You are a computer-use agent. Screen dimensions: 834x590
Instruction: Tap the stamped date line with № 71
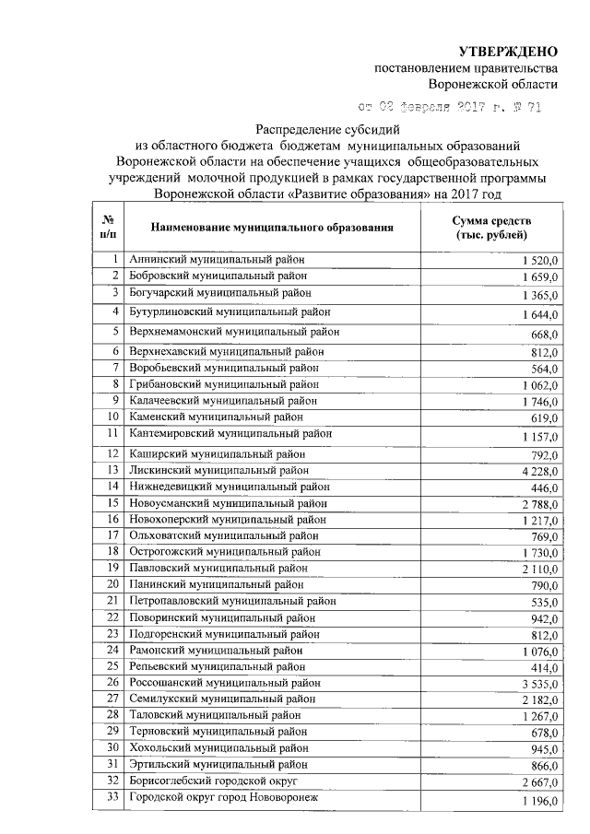pyautogui.click(x=450, y=108)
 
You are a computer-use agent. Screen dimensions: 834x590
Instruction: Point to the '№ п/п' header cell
pyautogui.click(x=108, y=226)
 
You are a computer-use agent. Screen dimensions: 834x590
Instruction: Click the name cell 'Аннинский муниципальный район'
pyautogui.click(x=216, y=260)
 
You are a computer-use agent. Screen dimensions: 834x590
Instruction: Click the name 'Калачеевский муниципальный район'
pyautogui.click(x=224, y=401)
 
